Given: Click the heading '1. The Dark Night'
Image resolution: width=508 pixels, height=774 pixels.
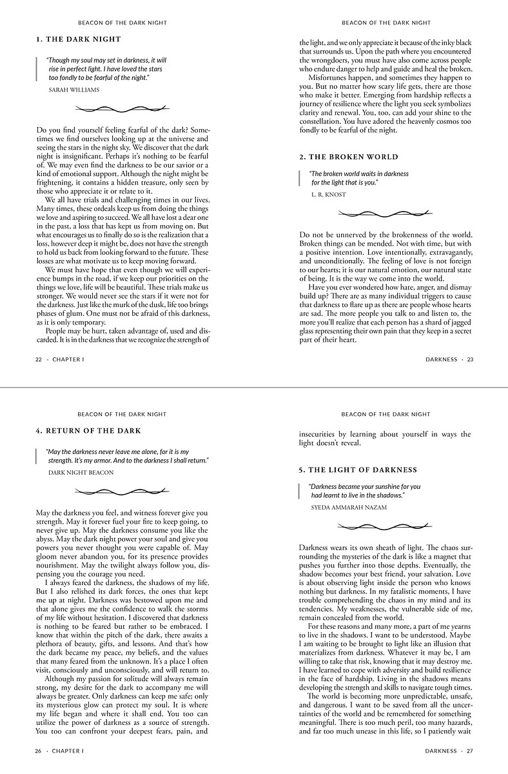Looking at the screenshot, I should click(79, 39).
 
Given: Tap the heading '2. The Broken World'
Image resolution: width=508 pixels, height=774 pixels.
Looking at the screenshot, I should click(349, 157).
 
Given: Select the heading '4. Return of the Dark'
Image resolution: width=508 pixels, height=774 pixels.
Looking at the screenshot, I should click(88, 431).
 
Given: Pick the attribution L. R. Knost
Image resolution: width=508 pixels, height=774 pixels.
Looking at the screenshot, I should click(328, 194).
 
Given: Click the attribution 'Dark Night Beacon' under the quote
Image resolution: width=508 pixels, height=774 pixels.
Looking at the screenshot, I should click(81, 473).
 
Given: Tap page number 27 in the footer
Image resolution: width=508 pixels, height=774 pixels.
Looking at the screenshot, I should click(470, 751).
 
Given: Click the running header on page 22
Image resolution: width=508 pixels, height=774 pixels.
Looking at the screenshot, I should click(122, 23).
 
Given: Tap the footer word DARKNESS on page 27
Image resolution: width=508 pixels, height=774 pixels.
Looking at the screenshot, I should click(441, 751).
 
